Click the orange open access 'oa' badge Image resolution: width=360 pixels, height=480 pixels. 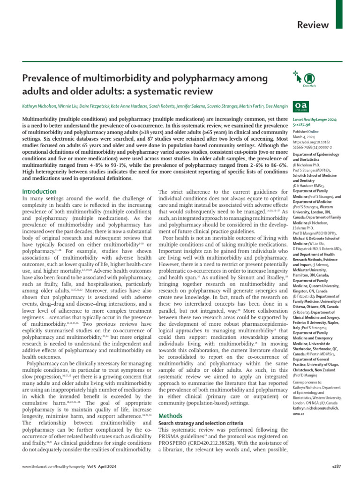point(299,106)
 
